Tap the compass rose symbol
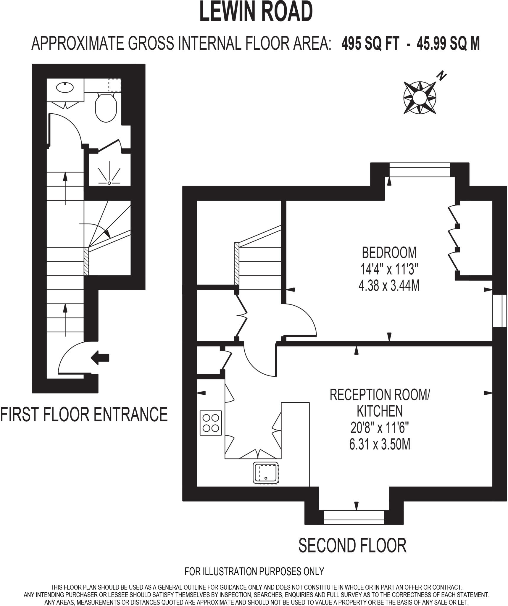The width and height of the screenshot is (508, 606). [420, 97]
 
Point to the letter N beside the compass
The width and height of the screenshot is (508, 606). [442, 76]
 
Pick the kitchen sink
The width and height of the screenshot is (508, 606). [266, 472]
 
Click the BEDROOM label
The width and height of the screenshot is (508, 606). [389, 253]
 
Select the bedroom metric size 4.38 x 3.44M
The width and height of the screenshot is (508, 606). [389, 286]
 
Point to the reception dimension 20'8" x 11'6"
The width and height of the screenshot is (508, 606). [380, 428]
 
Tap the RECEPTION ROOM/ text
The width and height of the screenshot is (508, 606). [380, 395]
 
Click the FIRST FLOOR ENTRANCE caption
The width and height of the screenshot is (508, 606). [84, 414]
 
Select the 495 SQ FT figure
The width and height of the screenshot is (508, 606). [370, 44]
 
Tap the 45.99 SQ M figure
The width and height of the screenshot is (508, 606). [448, 44]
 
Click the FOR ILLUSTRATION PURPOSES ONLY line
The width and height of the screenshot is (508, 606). [254, 571]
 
